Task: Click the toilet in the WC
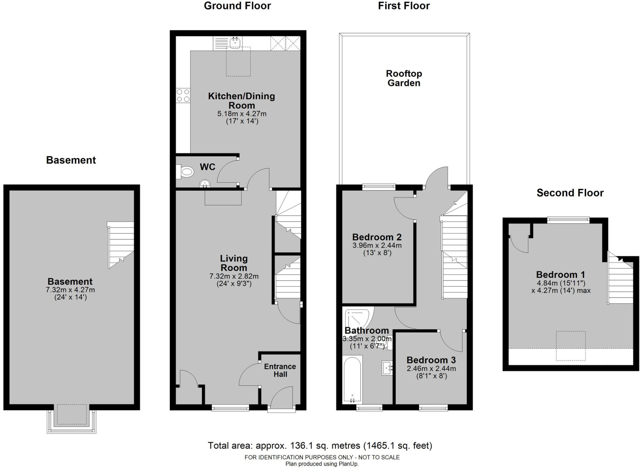click(x=185, y=172)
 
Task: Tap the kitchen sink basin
click(x=235, y=43)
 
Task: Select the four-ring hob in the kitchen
click(x=183, y=95)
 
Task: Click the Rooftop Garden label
click(x=404, y=78)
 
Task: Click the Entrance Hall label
click(x=280, y=370)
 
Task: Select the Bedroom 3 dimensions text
click(x=431, y=372)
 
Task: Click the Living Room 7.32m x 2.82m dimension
click(x=234, y=276)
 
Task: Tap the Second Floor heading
click(x=570, y=193)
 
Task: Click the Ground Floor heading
click(x=237, y=6)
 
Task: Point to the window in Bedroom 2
click(x=379, y=187)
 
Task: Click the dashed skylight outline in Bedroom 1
click(x=571, y=346)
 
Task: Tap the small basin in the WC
click(x=205, y=184)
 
